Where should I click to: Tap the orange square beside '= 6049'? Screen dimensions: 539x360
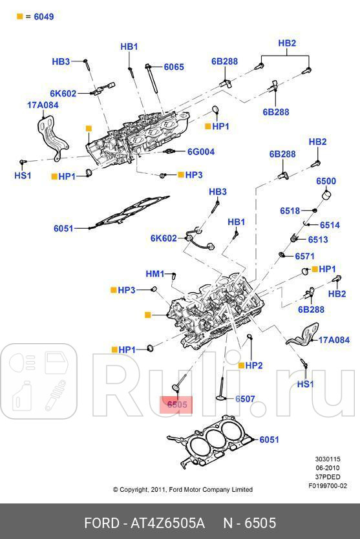pos(19,17)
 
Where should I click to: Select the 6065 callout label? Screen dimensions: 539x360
pos(174,67)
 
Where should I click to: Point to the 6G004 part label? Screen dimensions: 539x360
pos(200,152)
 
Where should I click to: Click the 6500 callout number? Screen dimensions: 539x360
pos(326,181)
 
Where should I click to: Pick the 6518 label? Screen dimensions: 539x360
pos(290,211)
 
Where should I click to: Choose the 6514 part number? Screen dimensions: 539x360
pos(330,225)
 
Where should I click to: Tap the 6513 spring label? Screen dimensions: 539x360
pos(317,239)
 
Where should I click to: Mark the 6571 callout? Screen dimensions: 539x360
pos(305,256)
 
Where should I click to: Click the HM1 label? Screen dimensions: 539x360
pos(155,274)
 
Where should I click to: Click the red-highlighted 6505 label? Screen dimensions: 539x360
pos(177,405)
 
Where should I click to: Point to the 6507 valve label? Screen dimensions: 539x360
pos(245,399)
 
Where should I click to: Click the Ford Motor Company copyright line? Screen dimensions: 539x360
pos(183,490)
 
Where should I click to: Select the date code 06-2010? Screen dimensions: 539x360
pos(328,469)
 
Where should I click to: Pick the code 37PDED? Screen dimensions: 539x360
pos(328,477)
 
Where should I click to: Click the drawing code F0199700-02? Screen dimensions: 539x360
pos(328,485)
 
